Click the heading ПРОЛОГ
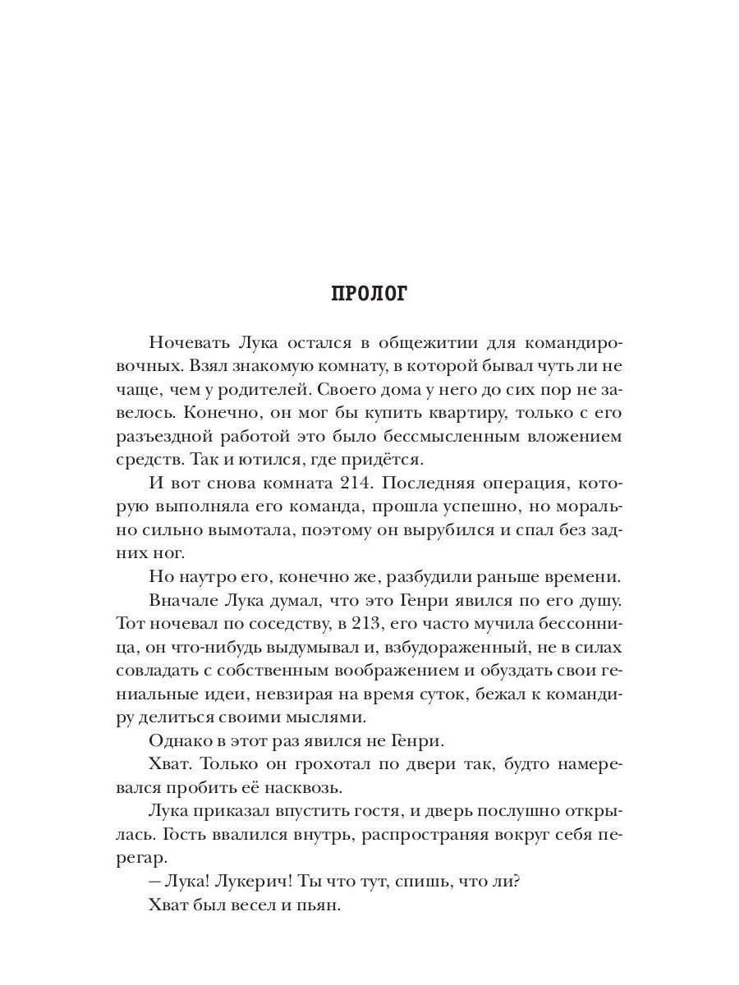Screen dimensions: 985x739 (x=369, y=294)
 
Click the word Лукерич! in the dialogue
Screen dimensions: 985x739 (x=249, y=882)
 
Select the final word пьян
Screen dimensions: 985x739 (x=321, y=906)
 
